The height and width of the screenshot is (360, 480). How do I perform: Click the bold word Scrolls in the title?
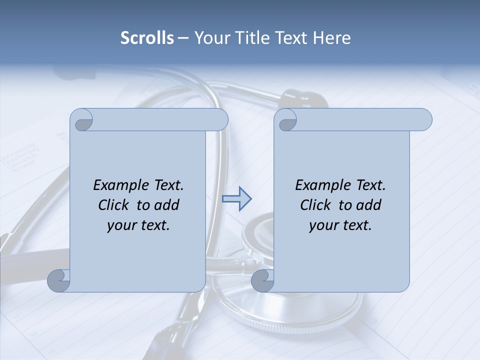coord(147,38)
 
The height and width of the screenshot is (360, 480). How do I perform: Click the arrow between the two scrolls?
coord(236,199)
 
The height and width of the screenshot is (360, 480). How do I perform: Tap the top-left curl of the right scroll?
coord(286,120)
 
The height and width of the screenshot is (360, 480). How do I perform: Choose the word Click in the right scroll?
coord(315,205)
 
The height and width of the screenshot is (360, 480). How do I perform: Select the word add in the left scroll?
coord(166,205)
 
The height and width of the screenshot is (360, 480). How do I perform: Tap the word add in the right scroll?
coord(368,205)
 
